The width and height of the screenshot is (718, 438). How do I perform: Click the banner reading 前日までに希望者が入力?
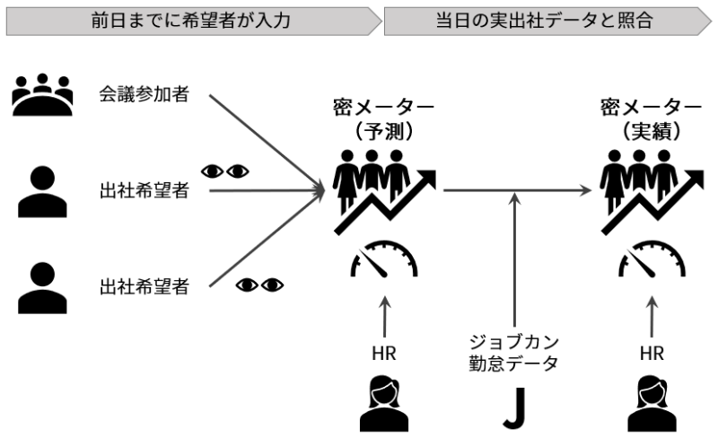tap(193, 21)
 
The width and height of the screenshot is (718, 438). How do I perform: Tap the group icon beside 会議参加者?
tap(42, 94)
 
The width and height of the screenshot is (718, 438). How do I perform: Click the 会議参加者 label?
tap(144, 94)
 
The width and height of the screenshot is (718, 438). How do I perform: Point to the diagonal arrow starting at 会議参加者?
tap(267, 142)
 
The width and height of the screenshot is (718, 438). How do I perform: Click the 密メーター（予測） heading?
tap(384, 119)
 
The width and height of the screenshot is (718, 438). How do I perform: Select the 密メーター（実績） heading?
tap(652, 119)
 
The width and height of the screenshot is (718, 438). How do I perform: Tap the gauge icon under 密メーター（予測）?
tap(384, 259)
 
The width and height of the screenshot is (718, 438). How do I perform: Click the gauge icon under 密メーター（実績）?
tap(652, 259)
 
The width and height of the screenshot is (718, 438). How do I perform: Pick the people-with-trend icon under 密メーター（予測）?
tap(385, 192)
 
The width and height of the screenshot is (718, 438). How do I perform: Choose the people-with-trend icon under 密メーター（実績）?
tap(652, 192)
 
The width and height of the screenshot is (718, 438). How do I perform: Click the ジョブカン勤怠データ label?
tap(513, 353)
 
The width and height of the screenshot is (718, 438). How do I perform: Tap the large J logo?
tap(514, 407)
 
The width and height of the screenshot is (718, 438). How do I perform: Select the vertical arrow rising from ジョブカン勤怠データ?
tap(515, 259)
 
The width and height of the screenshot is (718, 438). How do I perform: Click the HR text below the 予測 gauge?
tap(384, 354)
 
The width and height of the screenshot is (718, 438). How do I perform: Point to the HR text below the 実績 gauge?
tap(652, 354)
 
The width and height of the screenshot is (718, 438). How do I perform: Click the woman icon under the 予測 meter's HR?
tap(384, 404)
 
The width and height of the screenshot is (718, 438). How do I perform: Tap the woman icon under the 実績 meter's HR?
tap(652, 404)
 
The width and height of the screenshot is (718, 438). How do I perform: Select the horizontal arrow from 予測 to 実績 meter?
tap(518, 189)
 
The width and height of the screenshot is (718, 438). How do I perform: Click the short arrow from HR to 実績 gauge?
tap(652, 317)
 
